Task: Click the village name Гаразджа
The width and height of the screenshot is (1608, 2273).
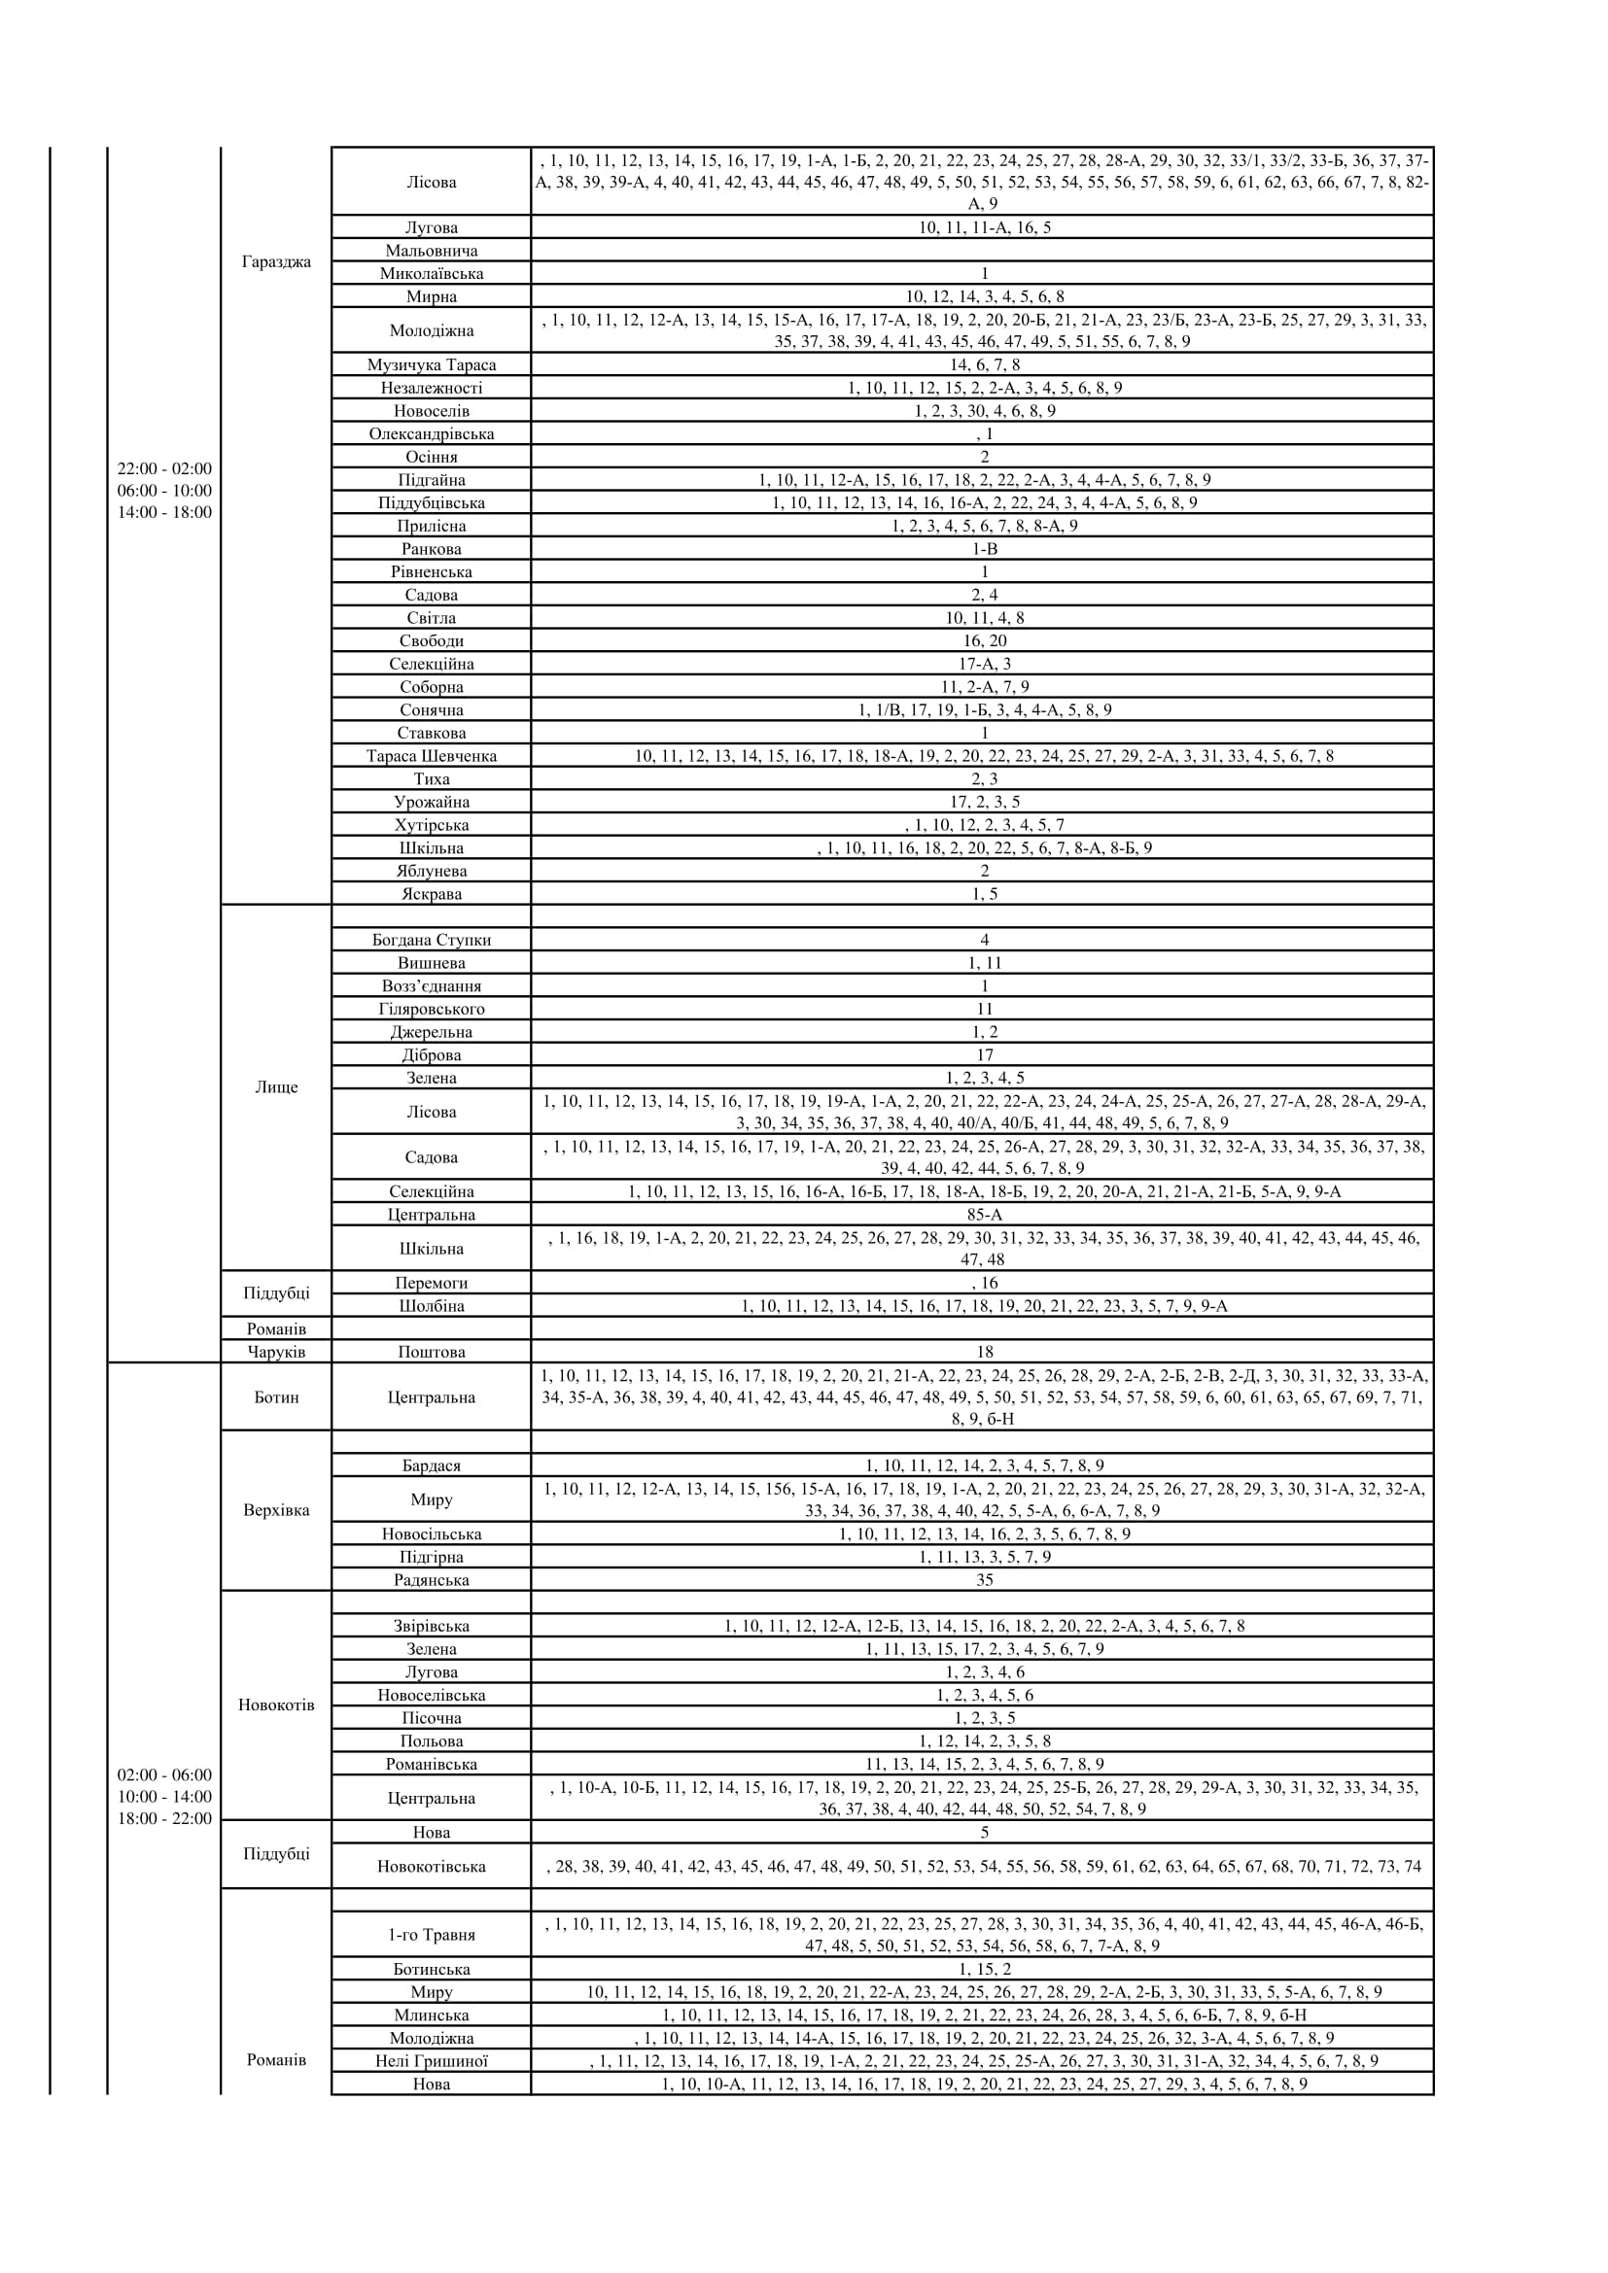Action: point(276,262)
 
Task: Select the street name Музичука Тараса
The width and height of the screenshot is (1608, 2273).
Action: point(432,365)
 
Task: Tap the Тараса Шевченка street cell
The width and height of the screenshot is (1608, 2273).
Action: point(432,756)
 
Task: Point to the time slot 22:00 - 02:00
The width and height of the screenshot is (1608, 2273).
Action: point(164,469)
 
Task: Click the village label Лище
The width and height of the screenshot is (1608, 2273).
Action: point(276,1087)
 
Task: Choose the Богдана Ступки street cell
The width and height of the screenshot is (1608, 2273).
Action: point(432,941)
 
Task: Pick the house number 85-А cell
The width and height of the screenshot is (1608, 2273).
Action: point(983,1215)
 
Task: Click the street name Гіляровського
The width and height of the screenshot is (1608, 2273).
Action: point(432,1009)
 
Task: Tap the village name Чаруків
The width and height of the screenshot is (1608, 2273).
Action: point(276,1353)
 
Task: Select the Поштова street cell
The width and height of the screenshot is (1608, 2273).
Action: point(432,1353)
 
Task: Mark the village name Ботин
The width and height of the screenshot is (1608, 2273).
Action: point(276,1397)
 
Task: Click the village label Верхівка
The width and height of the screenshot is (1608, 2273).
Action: point(276,1511)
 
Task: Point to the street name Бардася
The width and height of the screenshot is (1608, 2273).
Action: point(432,1466)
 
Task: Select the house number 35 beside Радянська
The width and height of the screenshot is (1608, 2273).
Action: point(983,1580)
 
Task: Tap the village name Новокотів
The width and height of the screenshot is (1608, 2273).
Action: point(276,1705)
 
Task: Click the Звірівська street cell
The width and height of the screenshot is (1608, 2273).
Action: point(432,1627)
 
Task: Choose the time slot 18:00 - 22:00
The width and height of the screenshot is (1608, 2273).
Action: point(164,1818)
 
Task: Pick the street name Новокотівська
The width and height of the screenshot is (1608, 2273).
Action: point(432,1867)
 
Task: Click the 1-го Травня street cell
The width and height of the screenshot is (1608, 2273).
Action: point(432,1936)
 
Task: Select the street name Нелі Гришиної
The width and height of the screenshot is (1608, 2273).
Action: point(432,2061)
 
